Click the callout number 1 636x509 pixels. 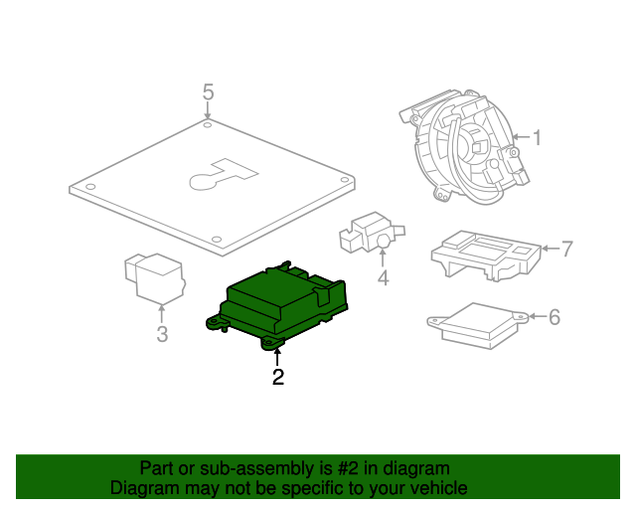536,138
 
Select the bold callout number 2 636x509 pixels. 278,377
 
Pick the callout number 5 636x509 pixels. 208,92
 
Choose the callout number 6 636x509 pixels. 555,317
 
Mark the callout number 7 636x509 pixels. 566,249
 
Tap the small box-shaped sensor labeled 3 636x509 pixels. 154,277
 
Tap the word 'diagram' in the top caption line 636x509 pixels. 415,468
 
